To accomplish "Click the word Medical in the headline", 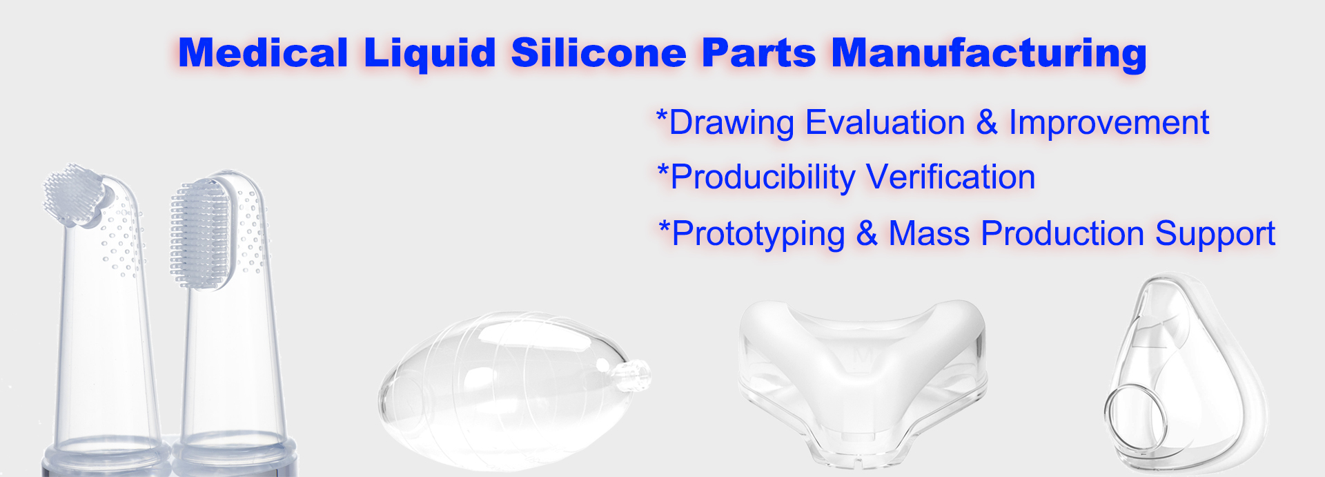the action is pos(263,52).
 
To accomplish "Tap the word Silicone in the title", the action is pos(598,52).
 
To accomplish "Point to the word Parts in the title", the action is pos(758,52).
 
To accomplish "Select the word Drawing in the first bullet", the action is pos(732,124).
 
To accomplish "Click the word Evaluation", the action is pos(885,123).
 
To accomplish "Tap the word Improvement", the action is pos(1109,124).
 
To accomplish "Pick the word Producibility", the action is pos(763,178).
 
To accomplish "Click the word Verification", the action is pos(951,177).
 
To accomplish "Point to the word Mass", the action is pos(929,233).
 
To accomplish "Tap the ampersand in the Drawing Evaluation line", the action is pos(987,123).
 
